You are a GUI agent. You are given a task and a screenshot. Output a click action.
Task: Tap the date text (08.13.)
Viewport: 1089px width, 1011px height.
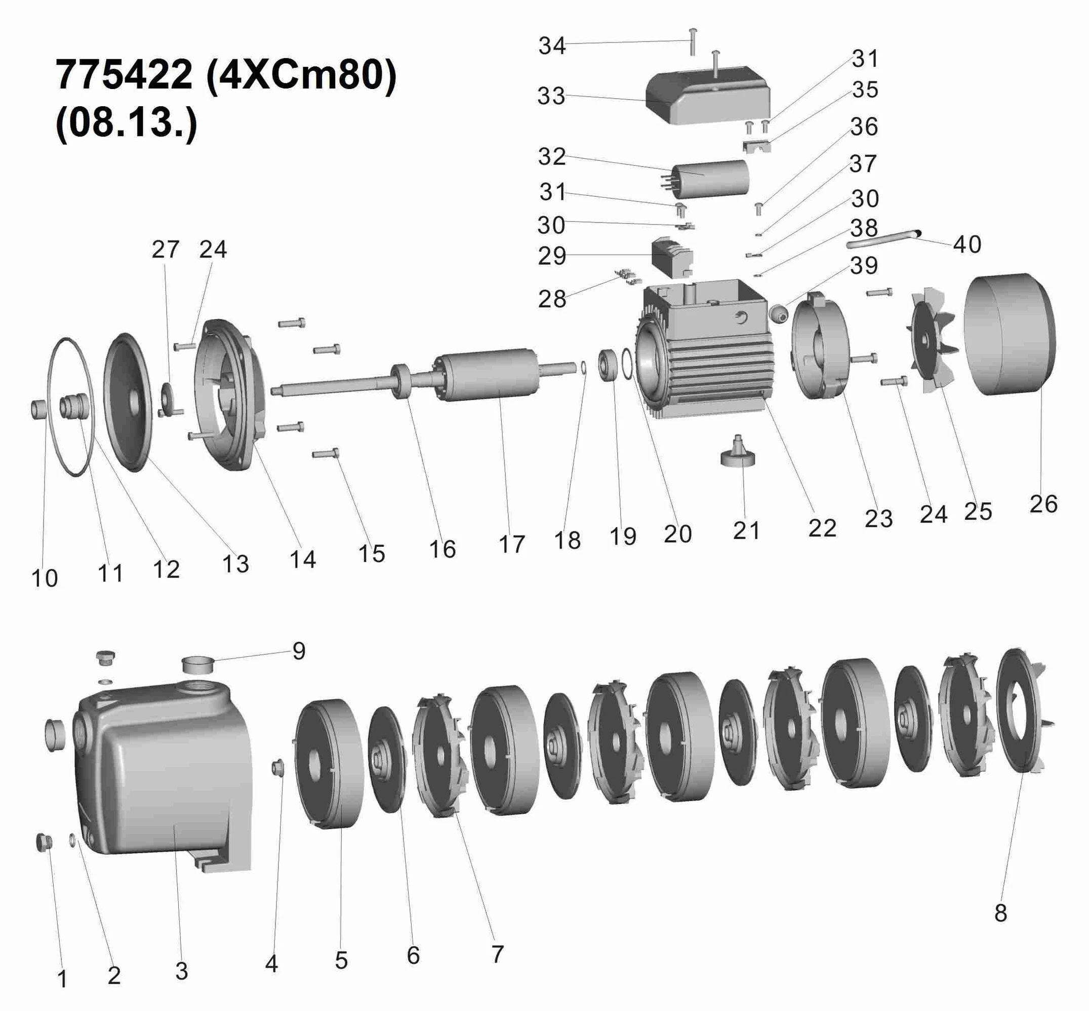coord(127,123)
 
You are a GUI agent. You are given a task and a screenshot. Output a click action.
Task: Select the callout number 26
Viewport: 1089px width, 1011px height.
coord(1043,504)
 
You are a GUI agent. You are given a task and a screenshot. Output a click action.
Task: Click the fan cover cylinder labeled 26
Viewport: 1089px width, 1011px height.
coord(1010,334)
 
